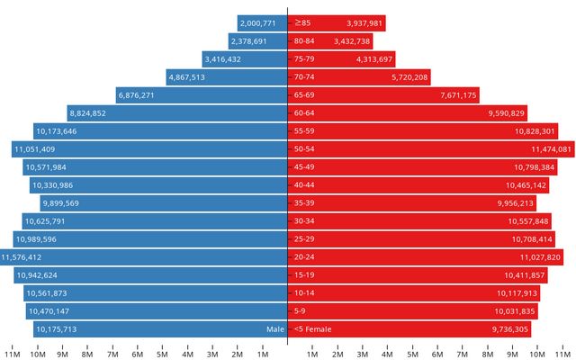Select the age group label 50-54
point(304,148)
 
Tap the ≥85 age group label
point(302,22)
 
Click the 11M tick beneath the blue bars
point(13,352)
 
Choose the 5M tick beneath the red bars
point(413,352)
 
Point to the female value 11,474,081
point(551,148)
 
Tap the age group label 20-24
point(304,257)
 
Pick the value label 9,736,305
point(510,329)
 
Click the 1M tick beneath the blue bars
point(263,352)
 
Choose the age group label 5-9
point(301,311)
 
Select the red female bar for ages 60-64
point(405,112)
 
